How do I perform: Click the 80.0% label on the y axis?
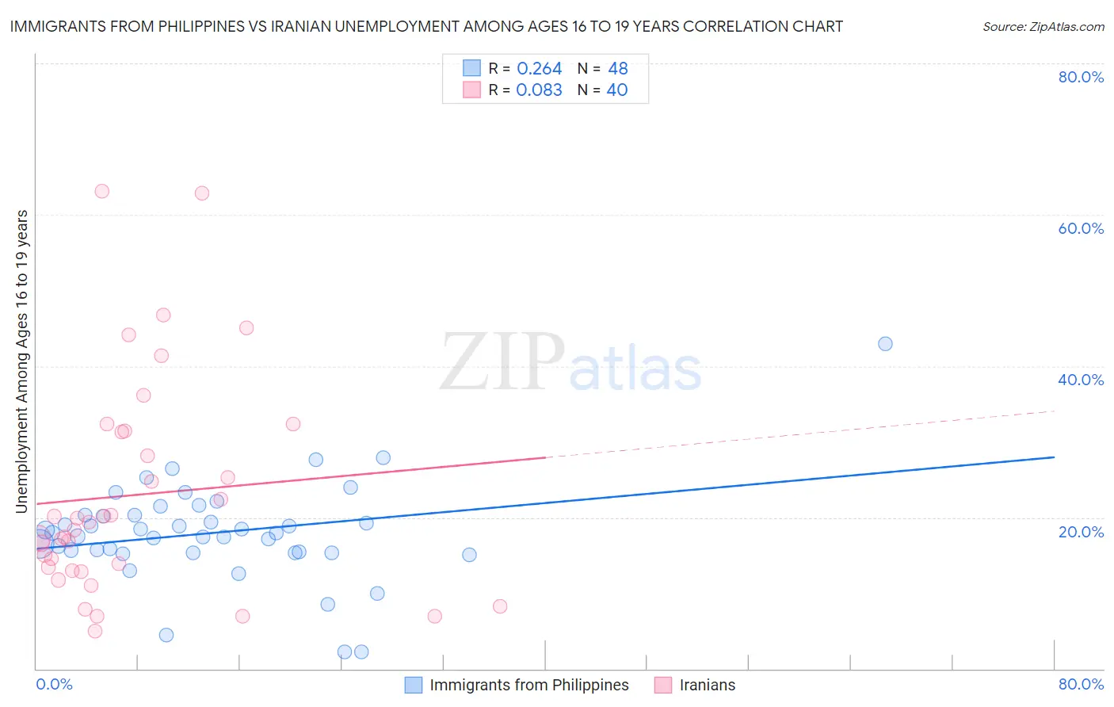1081,77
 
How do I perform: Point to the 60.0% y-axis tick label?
1081,228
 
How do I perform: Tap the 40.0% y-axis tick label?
1081,380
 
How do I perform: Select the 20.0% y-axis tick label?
1081,531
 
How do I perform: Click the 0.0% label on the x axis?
54,684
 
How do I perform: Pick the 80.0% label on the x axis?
1081,684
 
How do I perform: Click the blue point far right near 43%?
885,344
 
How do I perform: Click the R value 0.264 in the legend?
539,69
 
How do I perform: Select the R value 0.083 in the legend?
539,90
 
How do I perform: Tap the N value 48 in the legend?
618,69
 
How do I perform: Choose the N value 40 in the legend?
617,90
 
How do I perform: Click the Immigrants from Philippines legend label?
528,685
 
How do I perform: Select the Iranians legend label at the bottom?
707,685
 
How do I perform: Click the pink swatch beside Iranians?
663,685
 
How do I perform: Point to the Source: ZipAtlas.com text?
1043,26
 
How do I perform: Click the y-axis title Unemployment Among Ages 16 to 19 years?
22,361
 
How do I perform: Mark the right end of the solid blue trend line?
1054,457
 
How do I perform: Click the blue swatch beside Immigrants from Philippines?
414,685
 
